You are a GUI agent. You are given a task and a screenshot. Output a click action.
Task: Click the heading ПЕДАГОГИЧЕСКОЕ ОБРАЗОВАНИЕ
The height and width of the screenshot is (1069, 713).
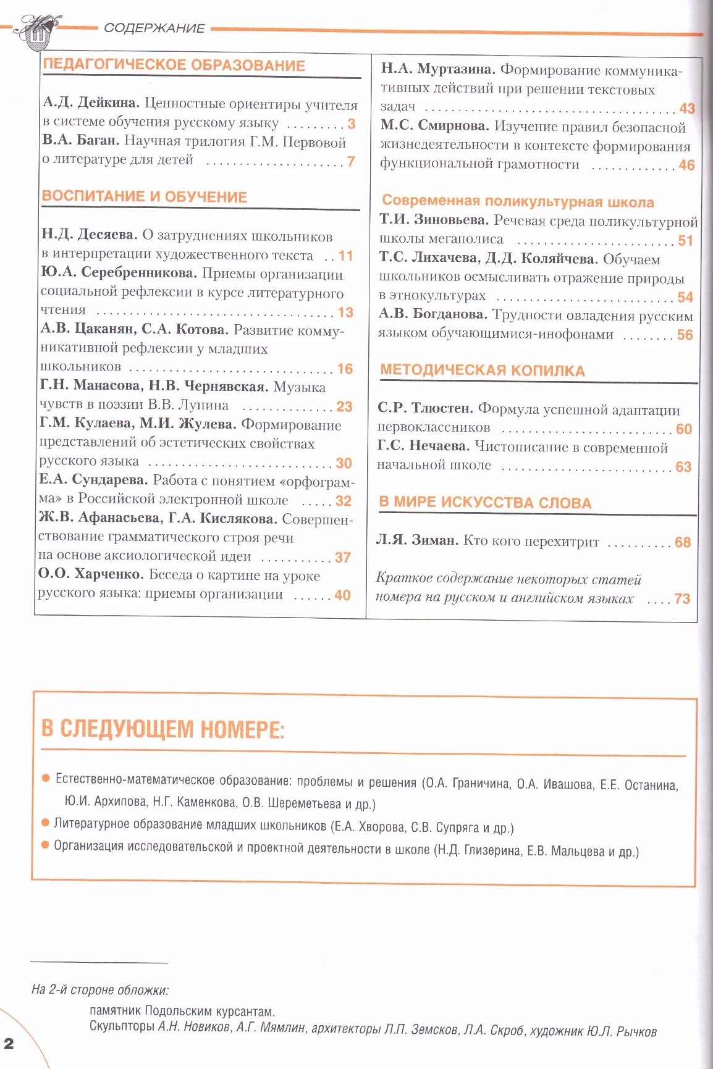[x=174, y=65]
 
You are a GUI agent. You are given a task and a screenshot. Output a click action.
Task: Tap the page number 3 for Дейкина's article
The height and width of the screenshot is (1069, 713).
[x=351, y=124]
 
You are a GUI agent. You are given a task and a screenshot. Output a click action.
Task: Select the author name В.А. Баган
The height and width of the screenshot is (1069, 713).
[x=80, y=141]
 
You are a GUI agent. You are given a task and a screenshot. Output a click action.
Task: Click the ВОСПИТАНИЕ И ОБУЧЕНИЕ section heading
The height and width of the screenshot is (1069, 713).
[x=145, y=197]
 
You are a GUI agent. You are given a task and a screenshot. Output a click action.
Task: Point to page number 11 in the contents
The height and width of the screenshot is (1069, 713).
[x=345, y=255]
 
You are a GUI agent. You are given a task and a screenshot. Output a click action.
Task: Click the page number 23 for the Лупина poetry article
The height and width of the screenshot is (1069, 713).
[x=344, y=406]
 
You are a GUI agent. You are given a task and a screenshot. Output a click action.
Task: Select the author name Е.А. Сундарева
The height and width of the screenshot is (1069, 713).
[x=93, y=480]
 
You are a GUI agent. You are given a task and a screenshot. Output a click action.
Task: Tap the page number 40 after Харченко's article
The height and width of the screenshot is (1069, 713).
[x=342, y=595]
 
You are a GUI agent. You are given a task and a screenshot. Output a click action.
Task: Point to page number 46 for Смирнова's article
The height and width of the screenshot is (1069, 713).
[x=686, y=165]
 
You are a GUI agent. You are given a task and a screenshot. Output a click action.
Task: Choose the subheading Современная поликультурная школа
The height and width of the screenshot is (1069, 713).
[x=518, y=202]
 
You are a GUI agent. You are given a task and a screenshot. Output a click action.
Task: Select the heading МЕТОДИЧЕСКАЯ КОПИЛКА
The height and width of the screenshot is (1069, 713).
[x=483, y=371]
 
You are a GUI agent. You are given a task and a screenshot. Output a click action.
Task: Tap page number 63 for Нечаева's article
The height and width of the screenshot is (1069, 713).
[x=683, y=466]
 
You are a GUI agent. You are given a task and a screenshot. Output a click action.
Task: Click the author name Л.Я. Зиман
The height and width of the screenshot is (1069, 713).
[x=417, y=541]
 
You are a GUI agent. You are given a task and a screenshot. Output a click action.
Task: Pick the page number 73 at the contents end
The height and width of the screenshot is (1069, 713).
[x=682, y=598]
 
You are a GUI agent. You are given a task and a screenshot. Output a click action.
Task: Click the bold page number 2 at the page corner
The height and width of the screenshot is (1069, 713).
[x=9, y=1043]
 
